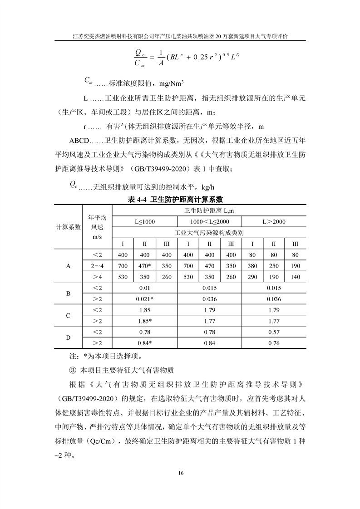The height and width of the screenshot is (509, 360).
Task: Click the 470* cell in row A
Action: (x=145, y=266)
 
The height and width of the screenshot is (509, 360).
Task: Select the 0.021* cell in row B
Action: (x=145, y=299)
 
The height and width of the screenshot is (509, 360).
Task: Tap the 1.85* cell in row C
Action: (x=145, y=321)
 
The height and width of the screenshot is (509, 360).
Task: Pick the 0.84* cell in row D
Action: (x=145, y=343)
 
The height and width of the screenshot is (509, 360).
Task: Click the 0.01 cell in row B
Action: (x=145, y=288)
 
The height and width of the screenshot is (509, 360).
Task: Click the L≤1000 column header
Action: (x=145, y=221)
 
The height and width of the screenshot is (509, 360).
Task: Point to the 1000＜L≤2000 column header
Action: (x=210, y=221)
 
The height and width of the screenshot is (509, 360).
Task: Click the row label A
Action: (x=68, y=266)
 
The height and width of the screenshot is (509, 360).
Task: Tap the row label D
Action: (x=68, y=337)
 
